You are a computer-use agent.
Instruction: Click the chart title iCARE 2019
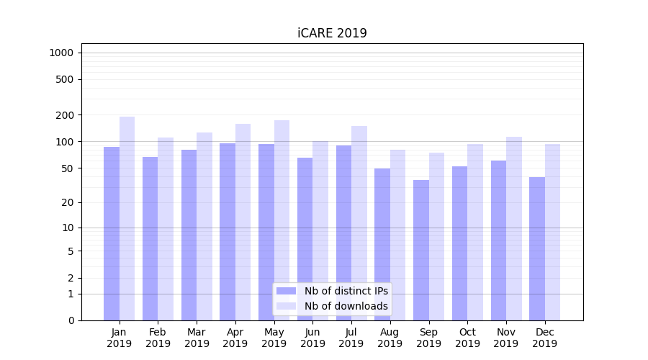tap(332, 33)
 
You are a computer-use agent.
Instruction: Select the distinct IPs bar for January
tap(112, 233)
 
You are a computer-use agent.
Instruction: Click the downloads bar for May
tap(282, 220)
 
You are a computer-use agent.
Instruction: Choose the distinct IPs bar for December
tap(537, 248)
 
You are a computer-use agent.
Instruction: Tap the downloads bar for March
tap(204, 226)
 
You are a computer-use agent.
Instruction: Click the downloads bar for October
tap(475, 232)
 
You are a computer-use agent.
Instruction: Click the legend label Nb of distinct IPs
tap(346, 291)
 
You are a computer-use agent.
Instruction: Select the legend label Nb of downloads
tap(346, 306)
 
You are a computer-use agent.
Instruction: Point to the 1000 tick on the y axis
tap(61, 53)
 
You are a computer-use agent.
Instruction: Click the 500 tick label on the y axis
tap(66, 79)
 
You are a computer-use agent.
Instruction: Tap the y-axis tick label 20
tap(68, 202)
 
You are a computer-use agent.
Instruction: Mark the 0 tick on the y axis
tap(71, 320)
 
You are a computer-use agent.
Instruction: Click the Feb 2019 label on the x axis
tap(158, 338)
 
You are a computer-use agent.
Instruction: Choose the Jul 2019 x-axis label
tap(351, 338)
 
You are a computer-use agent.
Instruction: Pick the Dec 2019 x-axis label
tap(544, 338)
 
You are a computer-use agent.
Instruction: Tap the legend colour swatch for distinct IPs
tap(286, 291)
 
